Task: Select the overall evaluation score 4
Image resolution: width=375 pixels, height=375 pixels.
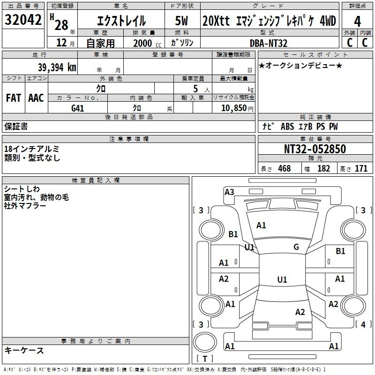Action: (357, 21)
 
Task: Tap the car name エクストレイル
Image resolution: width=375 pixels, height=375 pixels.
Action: (121, 21)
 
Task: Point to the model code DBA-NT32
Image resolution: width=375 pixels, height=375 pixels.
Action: (269, 43)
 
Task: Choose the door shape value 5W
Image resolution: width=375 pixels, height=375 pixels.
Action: (182, 21)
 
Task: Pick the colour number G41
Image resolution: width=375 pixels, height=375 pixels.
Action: (78, 108)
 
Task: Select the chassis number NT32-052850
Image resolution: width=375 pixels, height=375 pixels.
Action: (315, 149)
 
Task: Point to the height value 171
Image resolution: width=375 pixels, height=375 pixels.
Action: (361, 168)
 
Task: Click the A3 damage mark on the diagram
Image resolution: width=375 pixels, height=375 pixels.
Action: (229, 192)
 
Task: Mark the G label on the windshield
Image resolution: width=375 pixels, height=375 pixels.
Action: (296, 247)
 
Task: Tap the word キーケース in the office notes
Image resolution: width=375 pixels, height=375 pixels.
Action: (24, 350)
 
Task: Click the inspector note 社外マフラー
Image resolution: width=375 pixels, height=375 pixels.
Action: (25, 206)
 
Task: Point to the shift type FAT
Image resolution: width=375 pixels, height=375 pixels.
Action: (13, 97)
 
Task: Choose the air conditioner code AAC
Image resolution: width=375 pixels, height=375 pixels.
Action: (36, 97)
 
